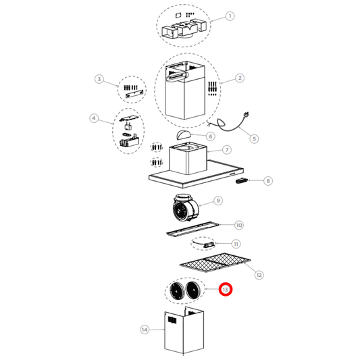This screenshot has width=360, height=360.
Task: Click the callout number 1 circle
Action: [230, 16]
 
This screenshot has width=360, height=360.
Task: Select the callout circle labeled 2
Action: [240, 78]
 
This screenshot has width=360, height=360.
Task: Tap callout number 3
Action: [99, 80]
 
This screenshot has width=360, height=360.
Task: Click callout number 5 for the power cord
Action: [254, 138]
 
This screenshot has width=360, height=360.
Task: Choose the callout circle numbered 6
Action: [211, 136]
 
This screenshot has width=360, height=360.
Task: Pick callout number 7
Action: [227, 150]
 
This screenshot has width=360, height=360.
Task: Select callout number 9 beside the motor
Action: [218, 201]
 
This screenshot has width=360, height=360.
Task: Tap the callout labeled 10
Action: [238, 224]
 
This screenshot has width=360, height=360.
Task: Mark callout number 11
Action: [236, 244]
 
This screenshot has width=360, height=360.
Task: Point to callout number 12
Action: [258, 274]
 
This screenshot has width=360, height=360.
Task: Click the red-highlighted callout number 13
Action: [226, 289]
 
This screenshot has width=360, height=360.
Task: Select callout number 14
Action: [144, 330]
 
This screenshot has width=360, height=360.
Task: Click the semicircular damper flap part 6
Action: [184, 135]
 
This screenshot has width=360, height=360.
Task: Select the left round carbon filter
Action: [179, 292]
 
